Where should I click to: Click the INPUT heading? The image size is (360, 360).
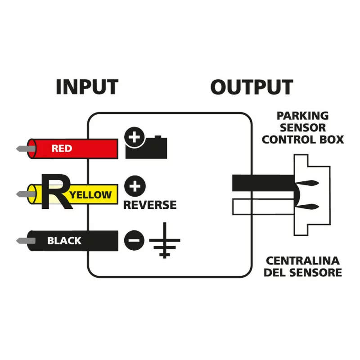pos(87,87)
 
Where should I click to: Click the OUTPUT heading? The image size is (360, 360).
pos(252,87)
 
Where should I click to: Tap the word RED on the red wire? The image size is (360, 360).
pos(62,148)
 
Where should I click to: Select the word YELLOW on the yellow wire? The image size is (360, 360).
pos(91,195)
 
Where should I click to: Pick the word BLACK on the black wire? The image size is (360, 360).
pos(64,241)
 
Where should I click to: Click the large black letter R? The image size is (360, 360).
pos(54,193)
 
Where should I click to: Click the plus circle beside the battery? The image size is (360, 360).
pos(134,137)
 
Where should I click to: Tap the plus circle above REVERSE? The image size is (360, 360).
pos(132,185)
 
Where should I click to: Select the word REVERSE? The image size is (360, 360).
pos(150,205)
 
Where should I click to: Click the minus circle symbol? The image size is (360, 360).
pos(134,240)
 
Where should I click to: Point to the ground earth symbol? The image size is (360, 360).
pos(165,243)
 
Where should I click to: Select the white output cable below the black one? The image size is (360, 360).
pos(261,207)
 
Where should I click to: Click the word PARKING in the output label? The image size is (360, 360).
pos(302,116)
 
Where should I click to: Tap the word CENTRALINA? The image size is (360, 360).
pos(302,261)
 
